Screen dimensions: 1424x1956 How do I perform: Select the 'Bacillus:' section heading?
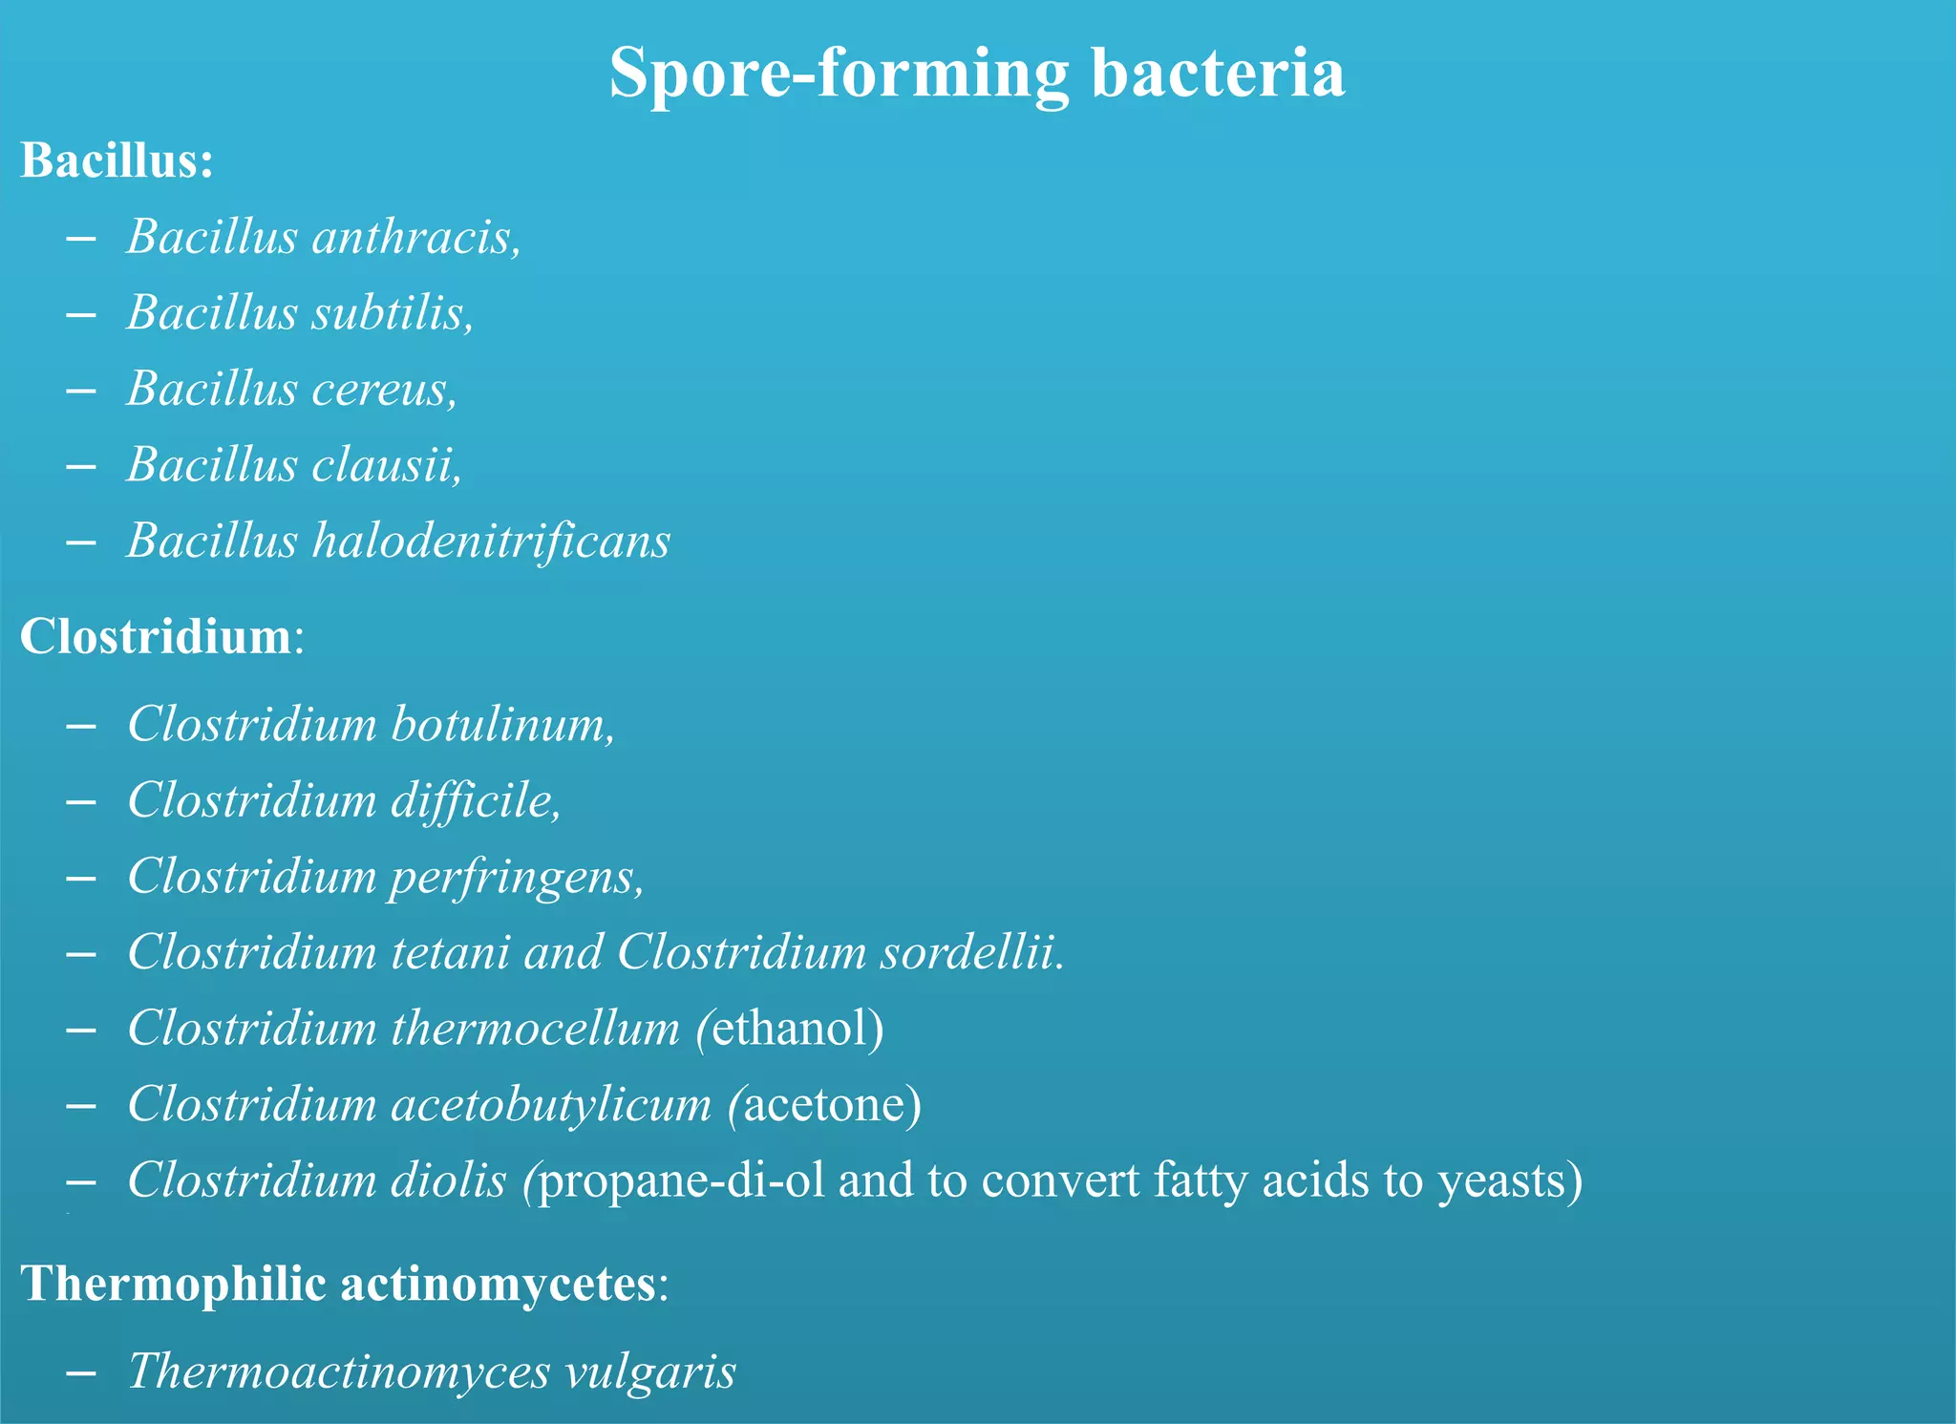pos(117,159)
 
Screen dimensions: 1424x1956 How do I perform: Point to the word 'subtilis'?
pos(393,312)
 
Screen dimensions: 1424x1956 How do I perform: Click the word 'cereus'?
pos(384,389)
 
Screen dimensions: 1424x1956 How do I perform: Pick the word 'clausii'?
pos(386,465)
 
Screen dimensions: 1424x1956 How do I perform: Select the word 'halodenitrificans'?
pos(492,541)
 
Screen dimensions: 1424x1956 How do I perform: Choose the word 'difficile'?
pos(475,800)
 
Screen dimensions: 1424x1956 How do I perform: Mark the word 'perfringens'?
pos(514,877)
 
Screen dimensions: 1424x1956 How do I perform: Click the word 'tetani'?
pos(450,952)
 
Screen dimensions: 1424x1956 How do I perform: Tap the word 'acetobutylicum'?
pos(551,1105)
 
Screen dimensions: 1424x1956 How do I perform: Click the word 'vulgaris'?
pos(650,1371)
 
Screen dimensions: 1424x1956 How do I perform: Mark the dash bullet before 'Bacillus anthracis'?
pos(82,238)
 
